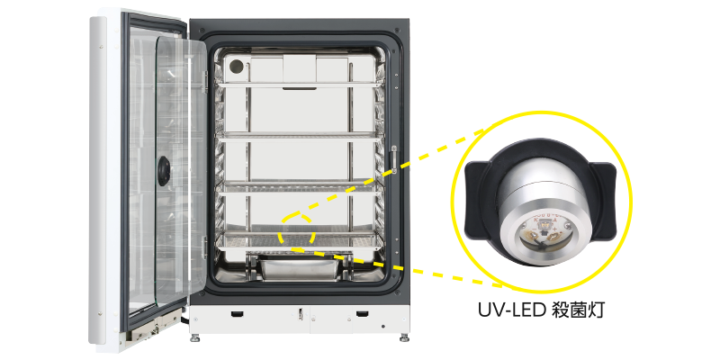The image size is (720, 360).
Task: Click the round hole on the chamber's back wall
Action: tap(237, 67)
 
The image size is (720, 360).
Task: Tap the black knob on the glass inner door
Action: tap(164, 171)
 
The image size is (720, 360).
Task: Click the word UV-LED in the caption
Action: tap(509, 310)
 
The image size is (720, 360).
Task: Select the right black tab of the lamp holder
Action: tap(602, 201)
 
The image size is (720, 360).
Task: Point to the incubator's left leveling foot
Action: tap(194, 337)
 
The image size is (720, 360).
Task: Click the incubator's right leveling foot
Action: tap(404, 337)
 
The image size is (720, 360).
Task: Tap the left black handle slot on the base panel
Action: tap(237, 313)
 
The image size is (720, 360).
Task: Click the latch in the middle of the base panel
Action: tap(300, 313)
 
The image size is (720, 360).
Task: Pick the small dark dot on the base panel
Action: tap(384, 327)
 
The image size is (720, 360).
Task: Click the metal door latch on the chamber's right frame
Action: tap(393, 157)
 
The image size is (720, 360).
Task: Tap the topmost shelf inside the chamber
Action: tap(299, 85)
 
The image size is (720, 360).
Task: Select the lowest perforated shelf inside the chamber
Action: tap(299, 239)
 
